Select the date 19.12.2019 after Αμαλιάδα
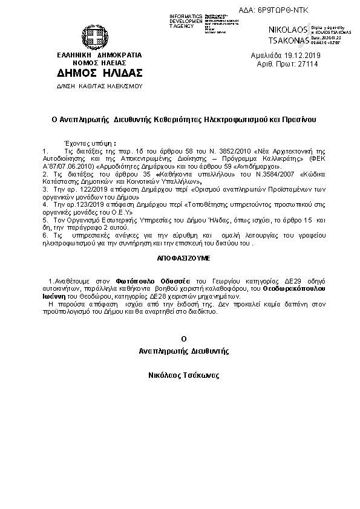click(301, 55)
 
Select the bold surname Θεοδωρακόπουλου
click(295, 289)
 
